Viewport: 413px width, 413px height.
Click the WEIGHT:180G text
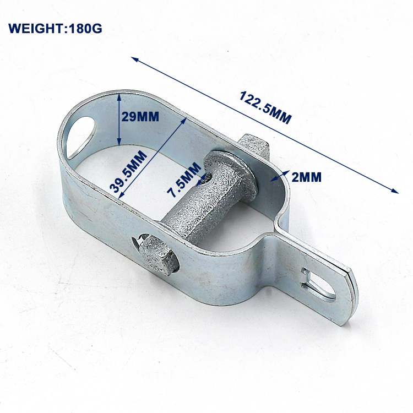tap(55, 29)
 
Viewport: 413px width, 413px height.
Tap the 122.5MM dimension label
tap(265, 107)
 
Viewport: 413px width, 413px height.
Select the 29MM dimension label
tap(140, 117)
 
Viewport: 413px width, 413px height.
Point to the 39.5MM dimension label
tap(128, 171)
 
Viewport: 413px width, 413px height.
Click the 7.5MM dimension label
tap(184, 180)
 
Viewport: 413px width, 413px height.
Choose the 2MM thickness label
tap(306, 177)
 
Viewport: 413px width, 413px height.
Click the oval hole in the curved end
tap(80, 138)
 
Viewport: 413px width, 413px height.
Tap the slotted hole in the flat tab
tap(319, 286)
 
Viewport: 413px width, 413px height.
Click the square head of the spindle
tap(255, 146)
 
